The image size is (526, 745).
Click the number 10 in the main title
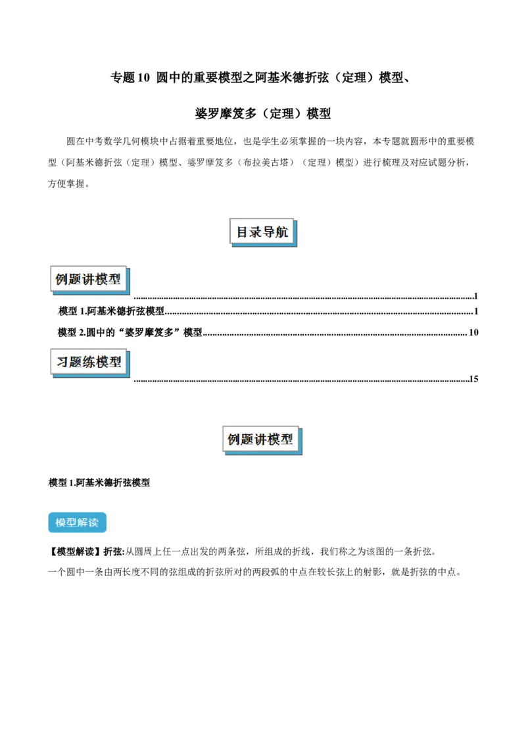[x=143, y=77]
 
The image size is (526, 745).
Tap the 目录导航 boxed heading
[x=263, y=232]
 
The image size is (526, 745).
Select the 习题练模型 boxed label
[x=89, y=363]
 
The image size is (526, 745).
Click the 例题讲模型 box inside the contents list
[x=89, y=279]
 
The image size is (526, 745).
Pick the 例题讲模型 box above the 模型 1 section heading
[x=262, y=440]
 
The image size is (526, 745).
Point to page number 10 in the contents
[x=473, y=332]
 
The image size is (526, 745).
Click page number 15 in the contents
[x=473, y=378]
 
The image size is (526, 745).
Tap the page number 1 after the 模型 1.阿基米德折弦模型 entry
[x=475, y=311]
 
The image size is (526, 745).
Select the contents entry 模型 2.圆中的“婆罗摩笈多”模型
[x=130, y=332]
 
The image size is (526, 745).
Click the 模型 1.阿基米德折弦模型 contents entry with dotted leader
[x=111, y=311]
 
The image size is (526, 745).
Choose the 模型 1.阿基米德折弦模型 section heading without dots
[x=99, y=482]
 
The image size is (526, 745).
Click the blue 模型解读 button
[x=78, y=523]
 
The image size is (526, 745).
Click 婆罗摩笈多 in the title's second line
[x=226, y=114]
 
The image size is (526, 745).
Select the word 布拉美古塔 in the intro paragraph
[x=266, y=163]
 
